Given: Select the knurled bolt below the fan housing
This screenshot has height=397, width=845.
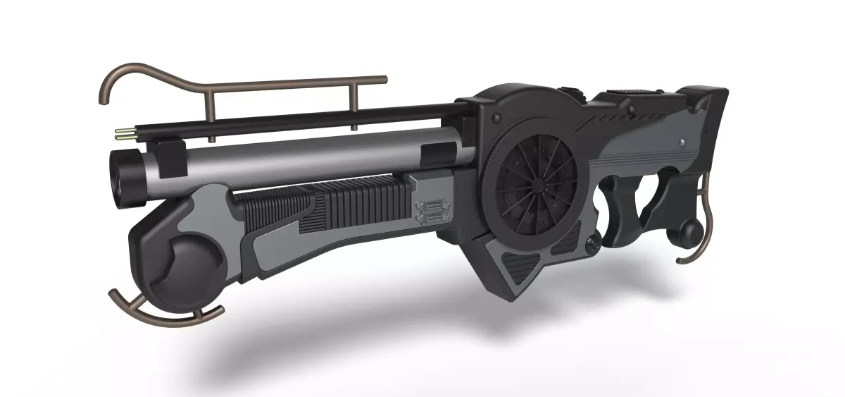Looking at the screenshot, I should [x=594, y=244].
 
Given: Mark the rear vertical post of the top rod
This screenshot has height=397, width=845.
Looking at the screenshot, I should [x=354, y=106].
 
